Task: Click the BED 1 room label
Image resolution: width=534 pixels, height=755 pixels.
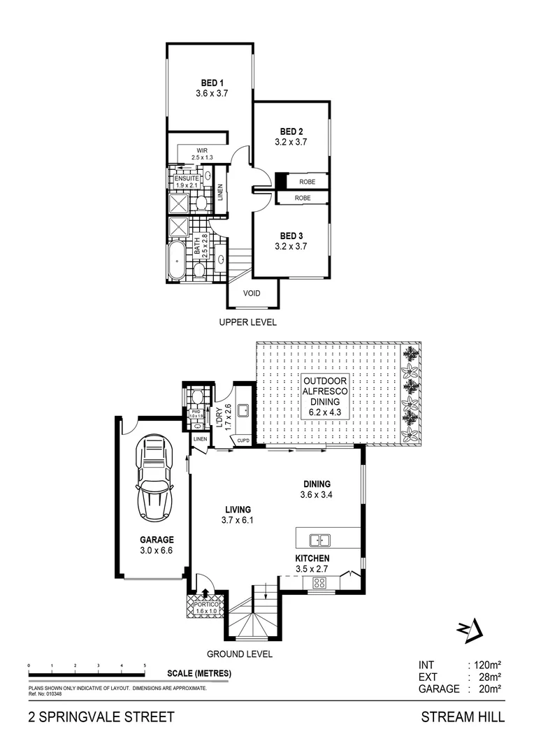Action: click(208, 84)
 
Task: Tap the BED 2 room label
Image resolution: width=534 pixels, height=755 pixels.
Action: click(291, 131)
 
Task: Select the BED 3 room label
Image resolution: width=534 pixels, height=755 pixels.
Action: click(291, 236)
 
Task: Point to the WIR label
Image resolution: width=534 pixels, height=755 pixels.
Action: click(203, 150)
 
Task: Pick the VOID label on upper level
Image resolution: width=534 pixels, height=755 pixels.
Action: click(251, 294)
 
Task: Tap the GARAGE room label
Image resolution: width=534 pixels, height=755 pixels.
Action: click(156, 540)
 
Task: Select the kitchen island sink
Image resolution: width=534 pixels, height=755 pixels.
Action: click(320, 540)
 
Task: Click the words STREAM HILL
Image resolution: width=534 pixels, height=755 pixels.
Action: click(462, 717)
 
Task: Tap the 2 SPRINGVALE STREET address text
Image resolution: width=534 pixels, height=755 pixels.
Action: click(97, 717)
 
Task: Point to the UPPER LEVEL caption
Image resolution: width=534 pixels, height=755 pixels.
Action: click(247, 322)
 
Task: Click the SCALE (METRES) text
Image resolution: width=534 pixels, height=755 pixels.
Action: click(199, 674)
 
